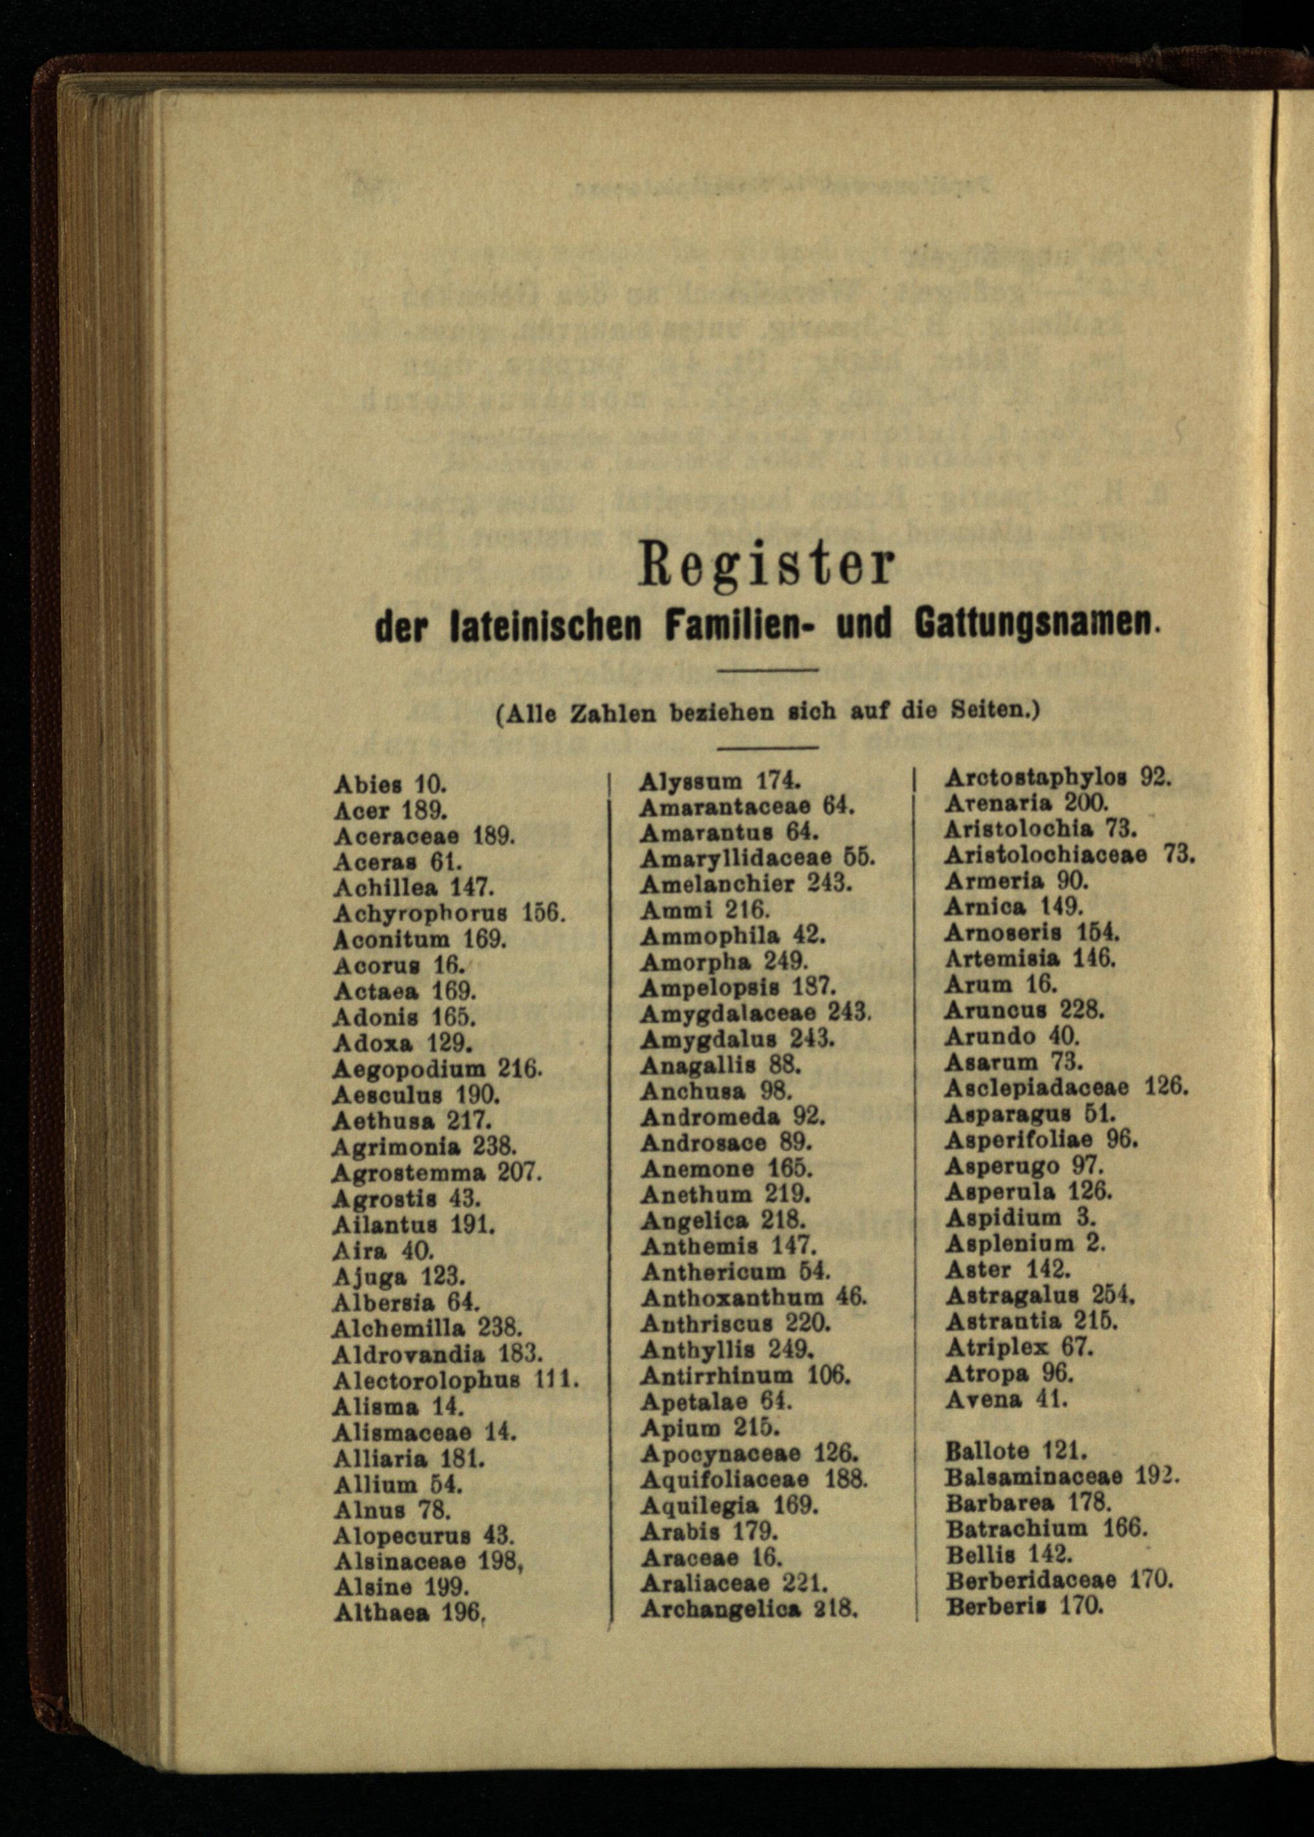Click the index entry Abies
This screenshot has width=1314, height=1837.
[367, 784]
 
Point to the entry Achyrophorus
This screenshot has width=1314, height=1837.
[420, 913]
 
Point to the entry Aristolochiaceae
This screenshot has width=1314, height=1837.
[1045, 855]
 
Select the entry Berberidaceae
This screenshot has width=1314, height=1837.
[1031, 1579]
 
